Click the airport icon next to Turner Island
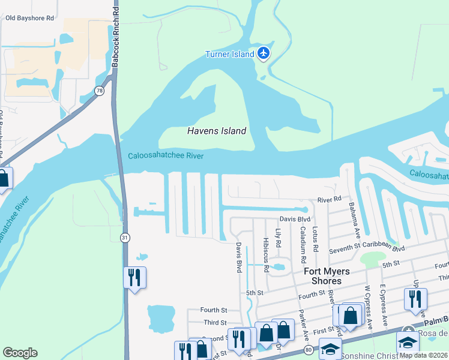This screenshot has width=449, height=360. click(263, 53)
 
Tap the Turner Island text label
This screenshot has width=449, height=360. click(231, 54)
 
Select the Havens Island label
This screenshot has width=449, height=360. click(217, 130)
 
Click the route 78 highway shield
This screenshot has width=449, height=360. click(99, 91)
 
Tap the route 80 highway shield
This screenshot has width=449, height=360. click(308, 349)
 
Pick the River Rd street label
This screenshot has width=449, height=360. click(329, 199)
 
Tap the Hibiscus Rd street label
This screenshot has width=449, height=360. click(265, 257)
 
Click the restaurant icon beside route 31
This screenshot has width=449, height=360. click(134, 277)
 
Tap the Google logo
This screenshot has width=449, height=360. click(20, 353)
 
